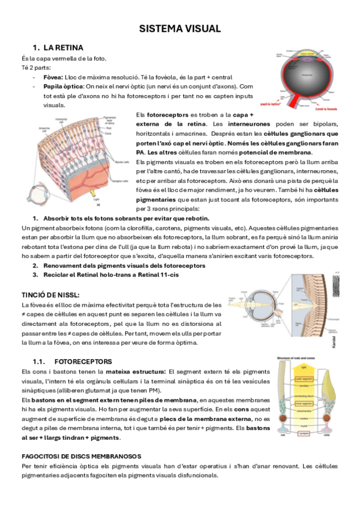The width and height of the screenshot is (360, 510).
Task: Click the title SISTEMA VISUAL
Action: (x=180, y=28)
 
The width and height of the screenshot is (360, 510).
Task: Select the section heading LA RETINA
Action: (x=63, y=48)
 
